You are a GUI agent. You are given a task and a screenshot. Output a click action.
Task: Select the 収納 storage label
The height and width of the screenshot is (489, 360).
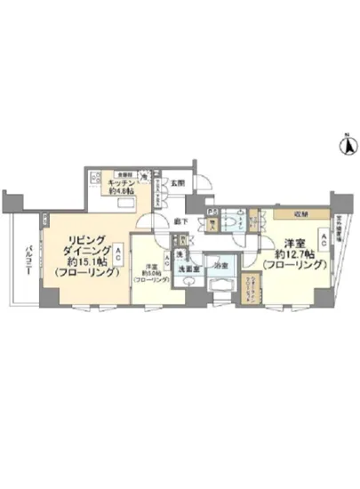tap(288, 214)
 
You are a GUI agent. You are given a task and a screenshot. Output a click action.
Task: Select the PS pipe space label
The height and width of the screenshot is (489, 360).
tap(211, 212)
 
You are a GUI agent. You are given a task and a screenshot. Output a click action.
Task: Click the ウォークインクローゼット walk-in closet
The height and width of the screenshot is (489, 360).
tap(248, 285)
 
